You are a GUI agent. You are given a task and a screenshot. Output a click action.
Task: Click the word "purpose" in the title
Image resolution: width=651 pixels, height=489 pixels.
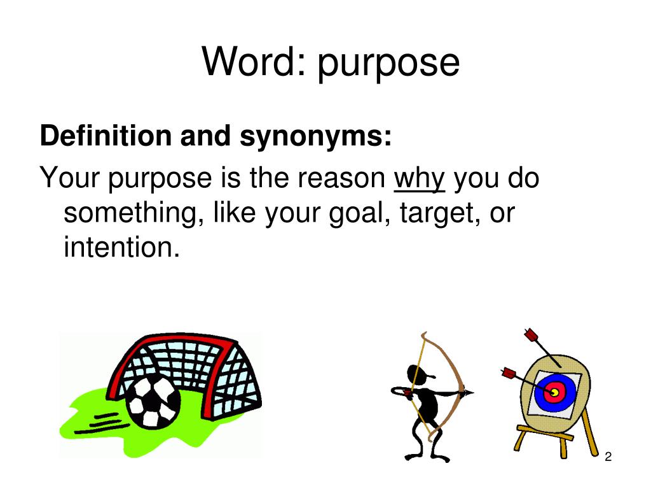coord(388,64)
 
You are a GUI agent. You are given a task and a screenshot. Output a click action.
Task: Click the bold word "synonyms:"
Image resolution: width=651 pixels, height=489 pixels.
coord(315,138)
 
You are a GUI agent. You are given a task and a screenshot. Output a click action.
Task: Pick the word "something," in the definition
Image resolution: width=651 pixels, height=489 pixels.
coord(134,214)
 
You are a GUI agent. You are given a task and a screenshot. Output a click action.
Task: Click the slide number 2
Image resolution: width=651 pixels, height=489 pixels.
coord(608,457)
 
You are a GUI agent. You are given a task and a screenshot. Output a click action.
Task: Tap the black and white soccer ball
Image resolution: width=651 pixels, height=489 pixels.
coord(153,402)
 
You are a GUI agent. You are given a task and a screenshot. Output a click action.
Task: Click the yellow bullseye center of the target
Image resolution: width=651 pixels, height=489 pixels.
coord(554,392)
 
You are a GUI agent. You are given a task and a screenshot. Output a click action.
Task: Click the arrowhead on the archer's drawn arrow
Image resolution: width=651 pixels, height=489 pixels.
coord(469,392)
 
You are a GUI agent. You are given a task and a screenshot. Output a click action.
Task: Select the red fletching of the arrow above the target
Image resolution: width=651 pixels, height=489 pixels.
coord(531,334)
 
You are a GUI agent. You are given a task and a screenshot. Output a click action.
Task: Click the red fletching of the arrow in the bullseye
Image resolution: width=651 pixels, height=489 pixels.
coord(509,373)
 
